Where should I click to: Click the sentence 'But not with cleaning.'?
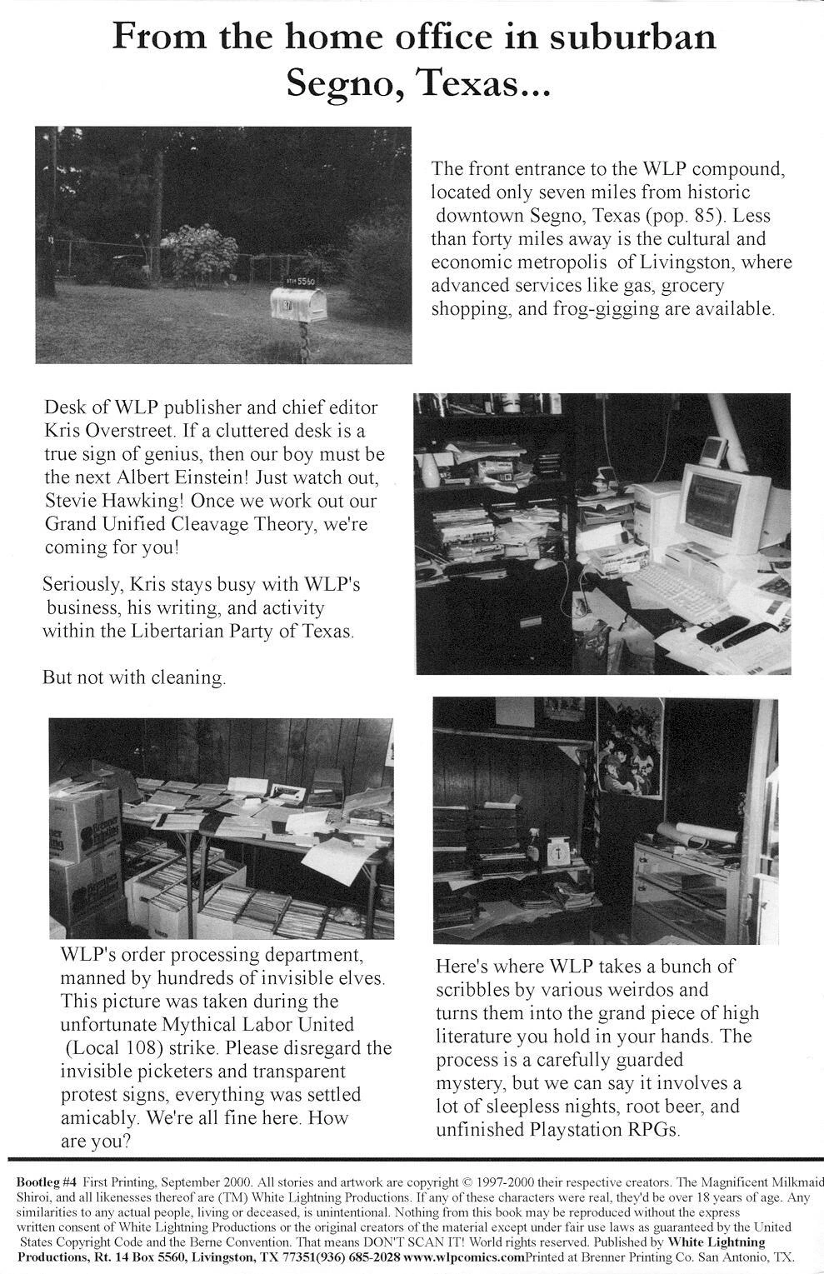click(134, 677)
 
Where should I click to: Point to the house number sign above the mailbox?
click(300, 282)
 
